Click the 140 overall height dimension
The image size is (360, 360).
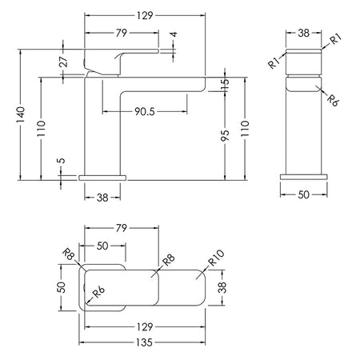click(20, 114)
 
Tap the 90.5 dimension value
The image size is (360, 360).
click(145, 111)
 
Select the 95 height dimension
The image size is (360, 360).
click(225, 135)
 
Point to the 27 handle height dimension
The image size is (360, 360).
click(64, 62)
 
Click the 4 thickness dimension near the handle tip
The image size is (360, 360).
click(174, 34)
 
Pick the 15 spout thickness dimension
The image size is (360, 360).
click(226, 84)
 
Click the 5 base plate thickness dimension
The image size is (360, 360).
click(62, 161)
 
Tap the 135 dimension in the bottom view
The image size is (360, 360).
click(144, 342)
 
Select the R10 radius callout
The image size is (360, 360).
click(216, 258)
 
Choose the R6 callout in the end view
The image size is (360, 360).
click(333, 100)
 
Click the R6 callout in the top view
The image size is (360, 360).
click(98, 293)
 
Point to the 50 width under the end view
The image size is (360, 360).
click(303, 194)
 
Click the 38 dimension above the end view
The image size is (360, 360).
click(303, 33)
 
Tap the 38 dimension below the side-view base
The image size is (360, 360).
click(102, 198)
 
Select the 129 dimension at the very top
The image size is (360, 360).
click(145, 16)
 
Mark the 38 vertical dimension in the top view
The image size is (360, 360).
click(222, 287)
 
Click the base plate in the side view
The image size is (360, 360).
click(102, 178)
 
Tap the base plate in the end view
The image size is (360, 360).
click(304, 177)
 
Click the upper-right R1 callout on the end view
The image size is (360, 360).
click(336, 39)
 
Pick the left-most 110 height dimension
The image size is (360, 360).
click(41, 129)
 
